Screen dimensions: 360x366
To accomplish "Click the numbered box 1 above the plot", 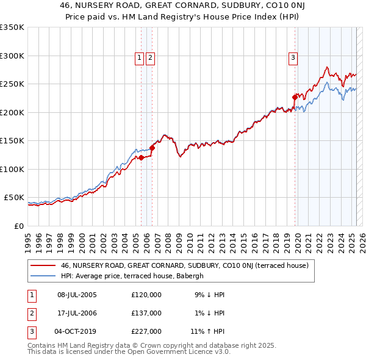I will click(x=140, y=58).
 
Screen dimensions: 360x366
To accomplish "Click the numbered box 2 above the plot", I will click(x=149, y=58).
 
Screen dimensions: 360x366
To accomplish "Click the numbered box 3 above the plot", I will click(x=293, y=58).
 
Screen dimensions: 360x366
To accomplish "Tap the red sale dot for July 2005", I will click(x=141, y=157).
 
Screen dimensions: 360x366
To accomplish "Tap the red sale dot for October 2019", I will click(x=295, y=97).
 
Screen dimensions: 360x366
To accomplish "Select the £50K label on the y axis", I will click(x=14, y=198).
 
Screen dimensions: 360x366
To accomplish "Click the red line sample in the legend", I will click(x=43, y=265).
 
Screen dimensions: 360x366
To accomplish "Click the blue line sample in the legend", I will click(x=43, y=276).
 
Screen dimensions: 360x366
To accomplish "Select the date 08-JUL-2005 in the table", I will click(x=76, y=295).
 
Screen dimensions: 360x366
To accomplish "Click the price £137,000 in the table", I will click(x=146, y=313).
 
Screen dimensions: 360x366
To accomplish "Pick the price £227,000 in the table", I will click(x=146, y=331).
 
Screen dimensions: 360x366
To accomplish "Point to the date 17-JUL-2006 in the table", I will click(x=76, y=313).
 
